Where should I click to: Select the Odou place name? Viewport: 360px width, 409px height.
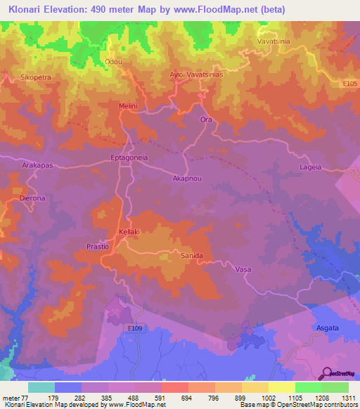(113, 62)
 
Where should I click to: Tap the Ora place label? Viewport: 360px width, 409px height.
(206, 119)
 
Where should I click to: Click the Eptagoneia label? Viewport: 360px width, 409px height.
(129, 158)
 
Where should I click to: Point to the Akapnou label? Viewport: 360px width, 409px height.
(187, 178)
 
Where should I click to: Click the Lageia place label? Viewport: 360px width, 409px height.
(310, 167)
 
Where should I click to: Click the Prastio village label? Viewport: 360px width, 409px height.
(97, 247)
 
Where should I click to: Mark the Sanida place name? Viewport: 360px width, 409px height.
(192, 255)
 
